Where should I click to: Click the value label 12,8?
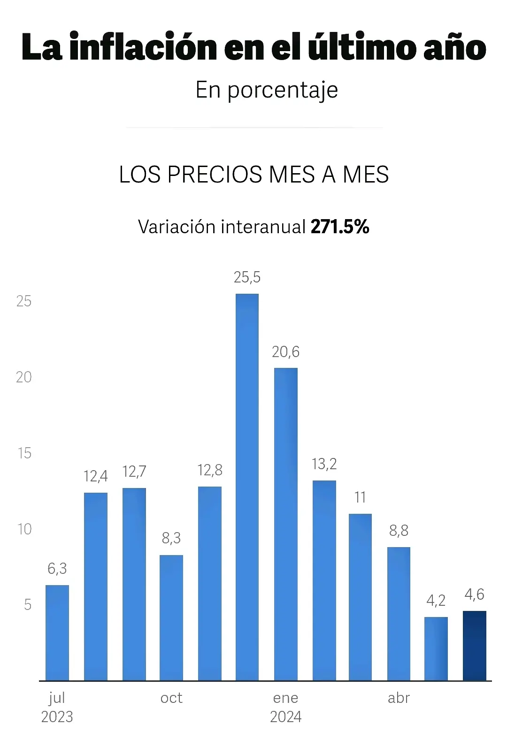(210, 470)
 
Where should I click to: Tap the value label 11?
(360, 497)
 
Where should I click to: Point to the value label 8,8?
(399, 531)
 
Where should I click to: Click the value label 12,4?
(96, 476)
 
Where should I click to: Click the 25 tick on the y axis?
(24, 301)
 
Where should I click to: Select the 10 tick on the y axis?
(24, 529)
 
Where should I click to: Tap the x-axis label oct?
(171, 698)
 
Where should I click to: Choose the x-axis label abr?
(399, 698)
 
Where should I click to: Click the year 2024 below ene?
(285, 717)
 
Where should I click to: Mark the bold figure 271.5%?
(340, 227)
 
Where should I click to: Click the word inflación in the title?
(144, 47)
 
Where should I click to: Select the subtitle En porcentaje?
(267, 90)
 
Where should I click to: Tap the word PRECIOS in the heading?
(216, 175)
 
